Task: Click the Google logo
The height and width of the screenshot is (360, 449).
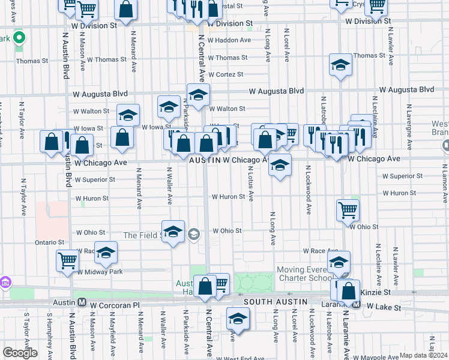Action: click(19, 352)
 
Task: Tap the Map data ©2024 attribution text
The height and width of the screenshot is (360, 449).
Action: click(424, 355)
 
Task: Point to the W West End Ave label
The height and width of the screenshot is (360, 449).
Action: click(240, 358)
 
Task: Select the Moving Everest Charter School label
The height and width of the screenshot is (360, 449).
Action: click(303, 274)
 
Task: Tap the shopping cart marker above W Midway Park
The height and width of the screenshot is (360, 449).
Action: click(68, 260)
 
